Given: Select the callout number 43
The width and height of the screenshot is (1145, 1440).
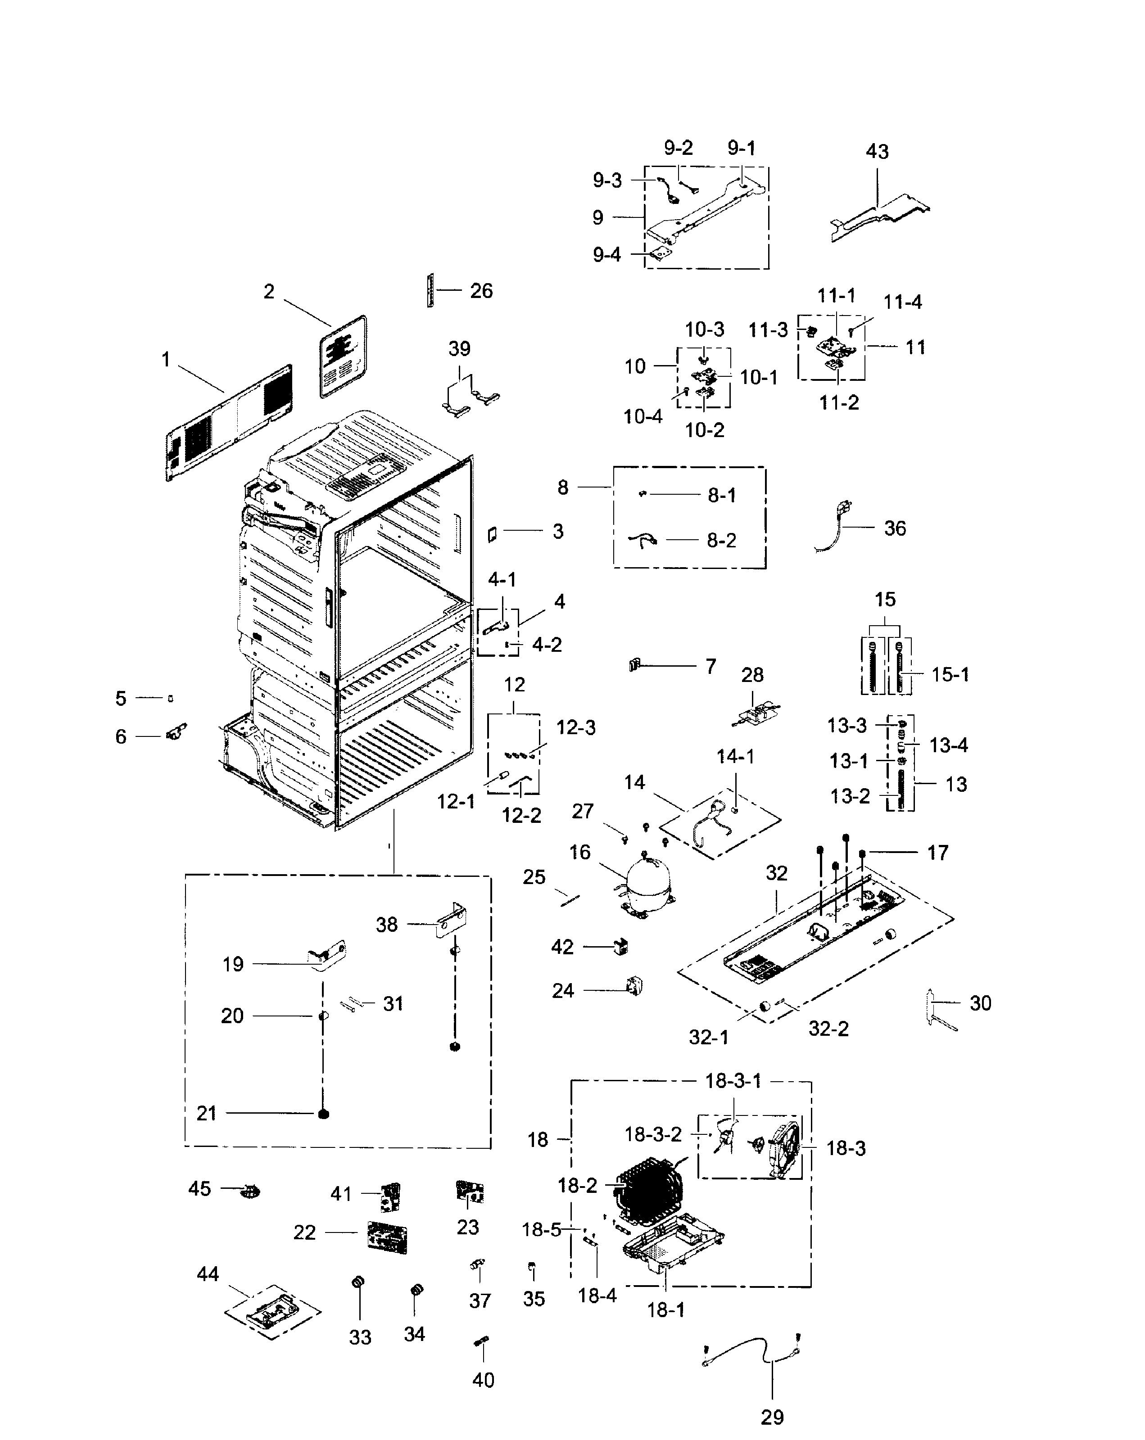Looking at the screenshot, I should pos(877,152).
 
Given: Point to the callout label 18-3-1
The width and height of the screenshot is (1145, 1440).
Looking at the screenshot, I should pos(733,1081).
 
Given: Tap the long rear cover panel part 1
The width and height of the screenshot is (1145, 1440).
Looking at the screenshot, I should pos(227,422).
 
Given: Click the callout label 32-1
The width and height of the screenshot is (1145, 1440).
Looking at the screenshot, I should pos(708,1037).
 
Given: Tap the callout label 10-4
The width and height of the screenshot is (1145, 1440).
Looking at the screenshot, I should pos(643,417).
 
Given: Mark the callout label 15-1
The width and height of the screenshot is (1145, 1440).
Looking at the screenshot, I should pos(950,675).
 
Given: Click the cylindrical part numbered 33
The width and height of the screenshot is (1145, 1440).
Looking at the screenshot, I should pos(358,1282).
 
